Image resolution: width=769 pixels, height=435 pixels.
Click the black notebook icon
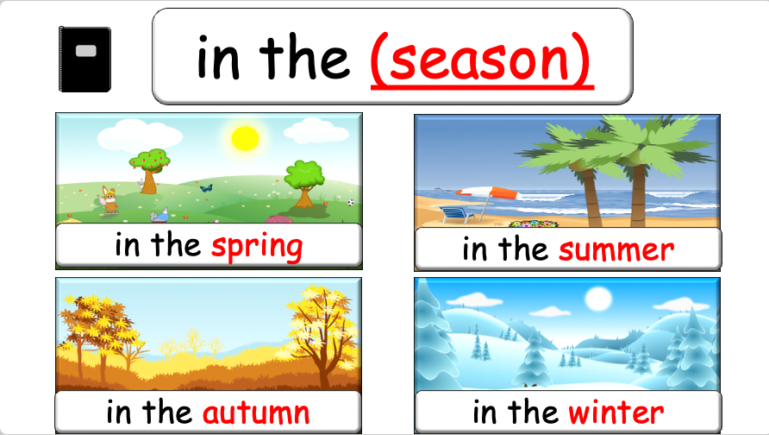[84, 59]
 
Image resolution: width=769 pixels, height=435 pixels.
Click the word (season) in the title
[481, 59]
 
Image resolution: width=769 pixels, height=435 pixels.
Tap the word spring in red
[257, 246]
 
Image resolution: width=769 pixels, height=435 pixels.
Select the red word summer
[616, 250]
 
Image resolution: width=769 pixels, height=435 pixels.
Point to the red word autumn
[255, 412]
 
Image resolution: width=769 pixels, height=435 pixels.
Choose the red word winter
[616, 412]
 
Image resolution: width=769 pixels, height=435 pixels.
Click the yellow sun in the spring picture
[245, 137]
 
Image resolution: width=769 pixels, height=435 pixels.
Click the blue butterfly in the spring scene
[205, 186]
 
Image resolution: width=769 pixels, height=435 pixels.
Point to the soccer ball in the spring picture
[351, 203]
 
